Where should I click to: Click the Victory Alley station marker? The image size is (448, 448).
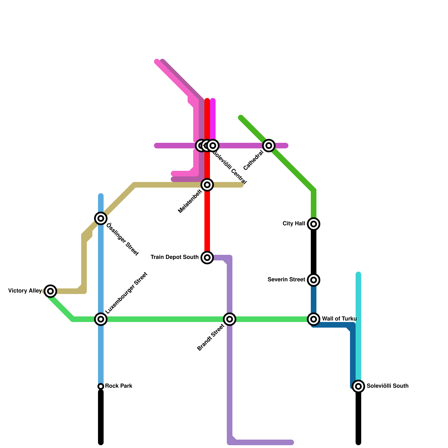coord(50,291)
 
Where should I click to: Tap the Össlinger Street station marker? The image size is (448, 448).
coord(101,218)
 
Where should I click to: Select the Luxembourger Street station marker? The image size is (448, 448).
coord(101,319)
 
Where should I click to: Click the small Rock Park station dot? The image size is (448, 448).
coord(101,386)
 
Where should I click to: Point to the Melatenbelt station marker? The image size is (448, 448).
coord(207,185)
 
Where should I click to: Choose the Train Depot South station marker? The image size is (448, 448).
coord(207,257)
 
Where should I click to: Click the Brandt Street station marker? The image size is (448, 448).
coord(230,319)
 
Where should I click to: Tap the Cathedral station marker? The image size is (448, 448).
coord(269,145)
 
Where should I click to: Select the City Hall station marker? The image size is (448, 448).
coord(314,224)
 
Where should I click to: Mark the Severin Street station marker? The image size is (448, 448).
coord(314,280)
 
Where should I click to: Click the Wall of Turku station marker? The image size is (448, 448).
coord(314,319)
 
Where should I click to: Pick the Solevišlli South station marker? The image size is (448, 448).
coord(358,386)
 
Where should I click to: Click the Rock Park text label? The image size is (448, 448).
coord(118,386)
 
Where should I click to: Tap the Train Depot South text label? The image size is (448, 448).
coord(174,257)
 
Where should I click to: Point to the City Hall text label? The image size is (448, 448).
coord(294,224)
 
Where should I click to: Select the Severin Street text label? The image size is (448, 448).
coord(286,280)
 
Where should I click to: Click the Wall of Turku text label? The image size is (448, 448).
coord(339,319)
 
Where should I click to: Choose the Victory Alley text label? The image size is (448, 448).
coord(25,291)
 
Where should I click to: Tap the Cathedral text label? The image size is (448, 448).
coord(253,160)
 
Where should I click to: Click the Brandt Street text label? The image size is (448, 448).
coord(211,337)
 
